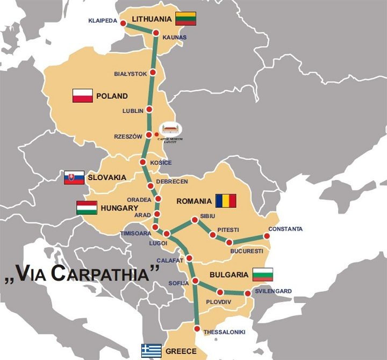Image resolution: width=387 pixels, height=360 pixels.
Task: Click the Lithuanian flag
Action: (185, 19)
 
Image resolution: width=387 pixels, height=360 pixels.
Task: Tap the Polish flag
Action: (82, 96)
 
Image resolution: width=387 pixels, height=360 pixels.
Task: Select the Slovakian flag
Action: (74, 177)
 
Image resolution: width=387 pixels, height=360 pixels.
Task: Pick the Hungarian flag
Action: (87, 207)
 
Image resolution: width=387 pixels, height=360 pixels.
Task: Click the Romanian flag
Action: (226, 201)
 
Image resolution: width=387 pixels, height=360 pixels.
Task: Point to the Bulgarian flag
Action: (263, 275)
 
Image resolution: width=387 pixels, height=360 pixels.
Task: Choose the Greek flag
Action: (151, 351)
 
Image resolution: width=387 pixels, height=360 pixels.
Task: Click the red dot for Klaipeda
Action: (123, 23)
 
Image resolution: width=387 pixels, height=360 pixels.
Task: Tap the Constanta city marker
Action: (266, 236)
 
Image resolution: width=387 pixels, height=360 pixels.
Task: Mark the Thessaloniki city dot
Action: (198, 329)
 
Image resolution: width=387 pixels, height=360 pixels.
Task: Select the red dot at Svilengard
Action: (247, 294)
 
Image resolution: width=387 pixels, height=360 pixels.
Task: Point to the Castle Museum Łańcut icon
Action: (171, 129)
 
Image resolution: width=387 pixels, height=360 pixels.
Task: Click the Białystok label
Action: (130, 74)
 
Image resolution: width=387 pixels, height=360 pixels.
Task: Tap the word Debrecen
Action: (171, 182)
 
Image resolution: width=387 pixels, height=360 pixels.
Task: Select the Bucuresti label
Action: (246, 251)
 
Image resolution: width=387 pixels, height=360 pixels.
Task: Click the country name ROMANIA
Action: (194, 201)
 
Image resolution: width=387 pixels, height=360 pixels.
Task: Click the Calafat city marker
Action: (189, 260)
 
